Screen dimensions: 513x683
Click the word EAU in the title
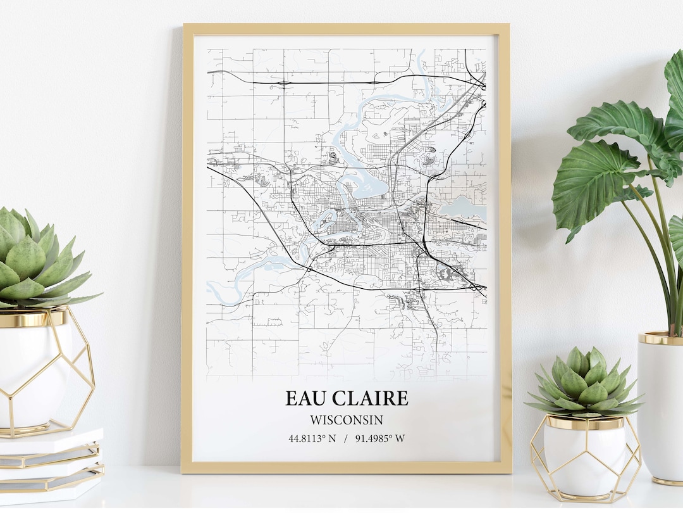(307, 398)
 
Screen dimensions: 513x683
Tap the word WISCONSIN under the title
(347, 420)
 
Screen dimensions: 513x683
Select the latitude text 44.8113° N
(312, 438)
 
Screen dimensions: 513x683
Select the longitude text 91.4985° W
(380, 438)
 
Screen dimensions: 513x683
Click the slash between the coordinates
(346, 438)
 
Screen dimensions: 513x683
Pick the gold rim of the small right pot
(585, 422)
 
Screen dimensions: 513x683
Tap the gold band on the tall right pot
(660, 338)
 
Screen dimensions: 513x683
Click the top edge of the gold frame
(346, 29)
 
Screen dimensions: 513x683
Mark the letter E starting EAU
(292, 398)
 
